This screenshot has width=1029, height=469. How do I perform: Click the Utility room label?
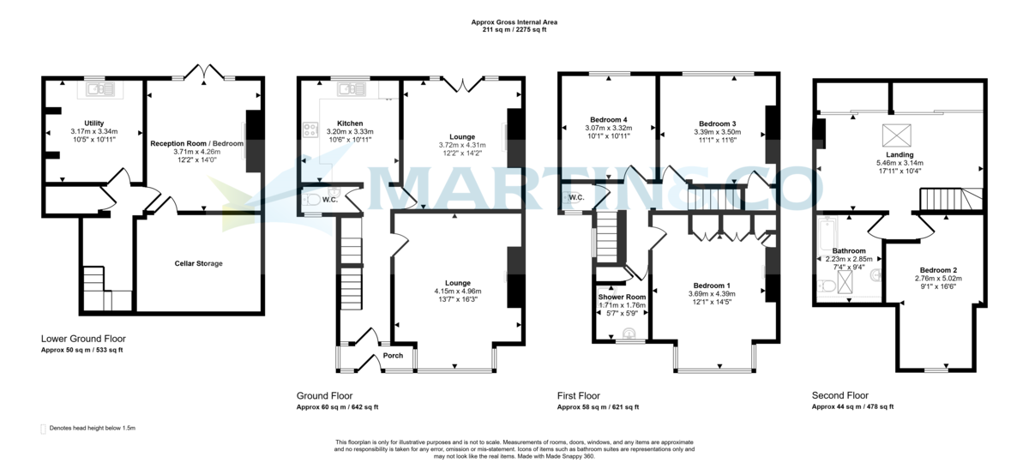93,123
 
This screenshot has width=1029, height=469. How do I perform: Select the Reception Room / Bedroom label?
197,143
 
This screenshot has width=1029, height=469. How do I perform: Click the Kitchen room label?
350,123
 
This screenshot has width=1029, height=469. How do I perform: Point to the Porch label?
393,356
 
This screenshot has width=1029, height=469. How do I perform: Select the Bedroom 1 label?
712,285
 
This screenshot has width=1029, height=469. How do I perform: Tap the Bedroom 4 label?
608,119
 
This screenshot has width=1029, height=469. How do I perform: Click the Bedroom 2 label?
936,270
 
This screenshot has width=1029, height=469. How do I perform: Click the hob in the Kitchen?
309,131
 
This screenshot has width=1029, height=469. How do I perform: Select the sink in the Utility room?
94,87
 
